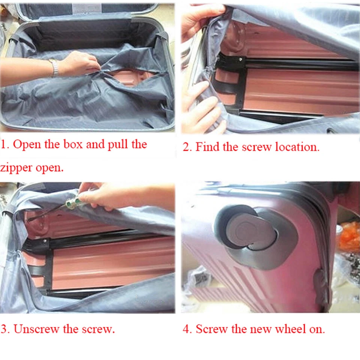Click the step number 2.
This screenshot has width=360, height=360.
tap(186, 147)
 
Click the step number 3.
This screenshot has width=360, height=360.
tap(4, 330)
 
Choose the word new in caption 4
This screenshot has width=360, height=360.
tap(262, 330)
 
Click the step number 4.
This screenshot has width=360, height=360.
tap(187, 330)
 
